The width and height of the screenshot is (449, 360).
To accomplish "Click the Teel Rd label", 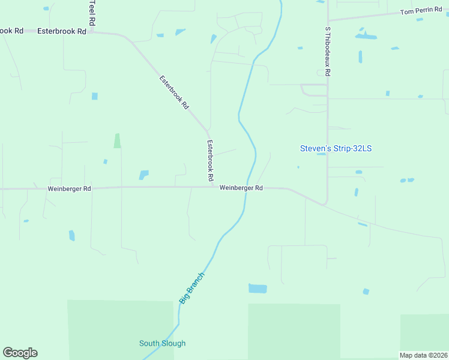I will click(x=92, y=12).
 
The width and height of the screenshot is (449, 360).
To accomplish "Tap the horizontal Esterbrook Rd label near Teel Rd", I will click(x=62, y=31).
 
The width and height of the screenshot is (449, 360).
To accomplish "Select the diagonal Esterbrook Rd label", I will click(x=174, y=91).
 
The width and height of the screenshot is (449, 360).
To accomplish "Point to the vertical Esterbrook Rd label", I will click(x=210, y=161).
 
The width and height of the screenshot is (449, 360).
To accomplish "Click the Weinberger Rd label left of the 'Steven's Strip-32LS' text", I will click(x=241, y=188).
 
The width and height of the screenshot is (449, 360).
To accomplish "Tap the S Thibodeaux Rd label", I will click(x=328, y=51).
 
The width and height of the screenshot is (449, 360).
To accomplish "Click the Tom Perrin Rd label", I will click(x=420, y=12).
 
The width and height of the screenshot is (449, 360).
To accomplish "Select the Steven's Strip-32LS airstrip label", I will click(x=340, y=148).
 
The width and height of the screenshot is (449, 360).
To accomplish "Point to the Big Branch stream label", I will click(x=192, y=287).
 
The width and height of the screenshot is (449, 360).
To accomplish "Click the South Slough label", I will click(x=162, y=343).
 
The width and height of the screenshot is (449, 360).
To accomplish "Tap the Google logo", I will click(x=20, y=353).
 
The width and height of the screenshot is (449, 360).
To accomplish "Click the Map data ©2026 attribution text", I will click(x=423, y=355).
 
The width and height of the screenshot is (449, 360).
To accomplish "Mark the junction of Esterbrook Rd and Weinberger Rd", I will click(x=213, y=187).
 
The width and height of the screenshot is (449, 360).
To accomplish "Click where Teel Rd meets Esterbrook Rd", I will click(x=92, y=32).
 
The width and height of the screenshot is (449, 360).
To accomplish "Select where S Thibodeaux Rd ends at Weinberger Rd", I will click(x=326, y=205).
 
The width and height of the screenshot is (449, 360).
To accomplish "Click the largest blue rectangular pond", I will click(x=258, y=289).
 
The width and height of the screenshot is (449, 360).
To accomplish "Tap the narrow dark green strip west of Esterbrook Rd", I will click(x=117, y=140).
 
